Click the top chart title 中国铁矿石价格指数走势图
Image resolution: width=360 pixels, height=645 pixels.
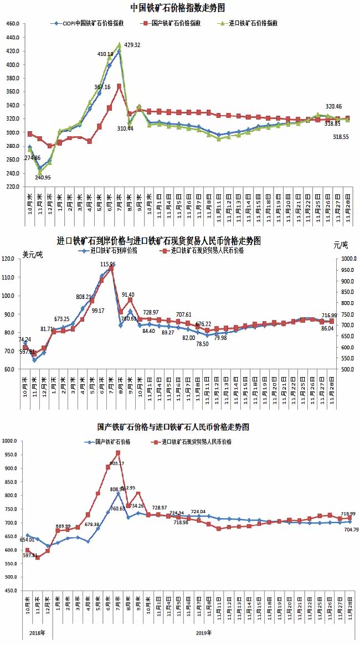177,8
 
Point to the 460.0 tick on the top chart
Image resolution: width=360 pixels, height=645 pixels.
13,24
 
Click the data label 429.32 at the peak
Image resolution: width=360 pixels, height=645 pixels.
132,45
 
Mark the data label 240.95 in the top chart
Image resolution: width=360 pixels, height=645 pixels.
43,177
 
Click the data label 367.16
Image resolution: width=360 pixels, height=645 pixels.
102,87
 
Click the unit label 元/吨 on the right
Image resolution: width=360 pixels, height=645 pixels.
341,245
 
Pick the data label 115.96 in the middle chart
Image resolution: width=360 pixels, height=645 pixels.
108,265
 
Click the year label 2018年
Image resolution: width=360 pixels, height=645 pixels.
37,632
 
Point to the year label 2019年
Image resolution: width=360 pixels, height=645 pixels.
203,632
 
